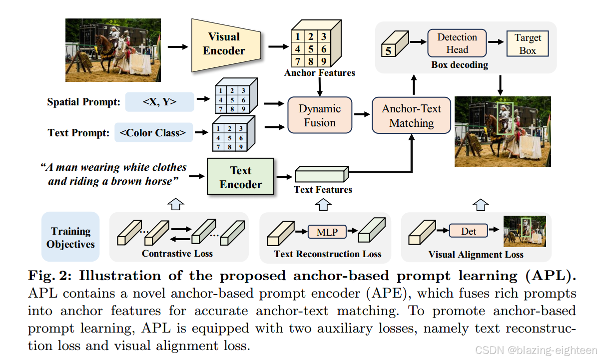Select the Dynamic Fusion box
tap(320, 115)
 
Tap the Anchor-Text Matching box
tap(411, 115)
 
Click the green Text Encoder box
tap(241, 177)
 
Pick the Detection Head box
tap(457, 43)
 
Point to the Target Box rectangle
tap(528, 44)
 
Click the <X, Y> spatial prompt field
tap(159, 102)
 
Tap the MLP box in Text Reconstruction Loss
tap(327, 232)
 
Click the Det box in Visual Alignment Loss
tap(468, 231)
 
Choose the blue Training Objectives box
tap(70, 237)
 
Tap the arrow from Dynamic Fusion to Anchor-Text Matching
tap(362, 115)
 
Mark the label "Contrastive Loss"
tap(177, 254)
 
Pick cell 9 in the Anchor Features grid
tap(324, 62)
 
